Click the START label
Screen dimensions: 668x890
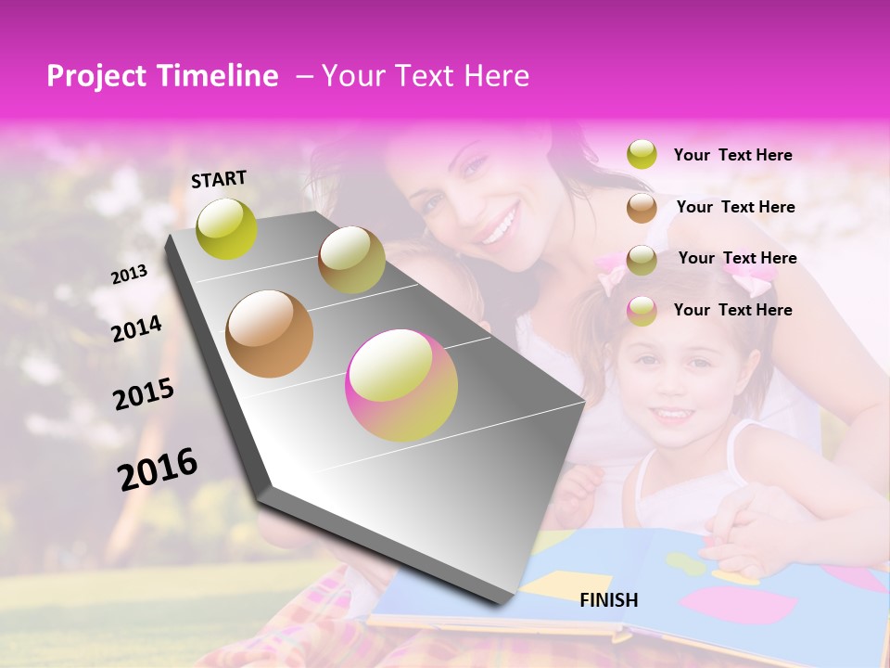pyautogui.click(x=219, y=179)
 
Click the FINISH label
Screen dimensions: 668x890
pyautogui.click(x=609, y=600)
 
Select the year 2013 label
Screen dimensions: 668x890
pyautogui.click(x=129, y=275)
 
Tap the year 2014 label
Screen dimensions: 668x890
pyautogui.click(x=137, y=328)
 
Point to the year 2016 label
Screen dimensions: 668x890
pyautogui.click(x=158, y=469)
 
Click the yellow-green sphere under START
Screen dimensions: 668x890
pyautogui.click(x=226, y=228)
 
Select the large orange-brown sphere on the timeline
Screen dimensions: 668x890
pyautogui.click(x=269, y=334)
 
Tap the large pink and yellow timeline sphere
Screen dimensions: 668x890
pyautogui.click(x=401, y=386)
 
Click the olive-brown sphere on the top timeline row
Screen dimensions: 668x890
pyautogui.click(x=351, y=260)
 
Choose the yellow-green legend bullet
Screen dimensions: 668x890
pyautogui.click(x=642, y=155)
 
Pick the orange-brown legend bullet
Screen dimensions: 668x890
pyautogui.click(x=642, y=207)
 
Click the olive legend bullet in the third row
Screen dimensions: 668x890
pyautogui.click(x=642, y=259)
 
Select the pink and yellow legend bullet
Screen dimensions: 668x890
pyautogui.click(x=642, y=311)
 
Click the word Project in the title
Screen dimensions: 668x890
pyautogui.click(x=95, y=76)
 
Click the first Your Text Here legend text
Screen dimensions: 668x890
pyautogui.click(x=732, y=155)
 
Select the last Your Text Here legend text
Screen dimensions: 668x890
pyautogui.click(x=732, y=310)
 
